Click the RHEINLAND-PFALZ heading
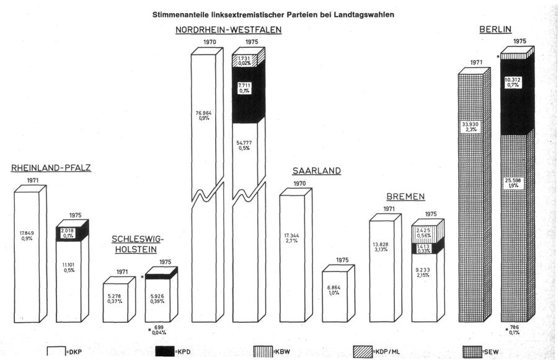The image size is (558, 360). coord(51,168)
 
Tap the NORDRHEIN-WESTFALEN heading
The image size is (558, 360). coord(228,30)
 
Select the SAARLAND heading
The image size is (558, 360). coord(316,171)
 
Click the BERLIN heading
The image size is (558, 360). coord(494,30)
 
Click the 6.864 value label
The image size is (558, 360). coord(337,289)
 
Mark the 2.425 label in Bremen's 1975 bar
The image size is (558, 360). coord(425,232)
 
